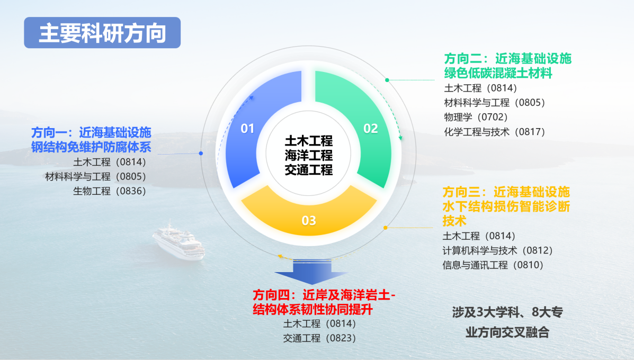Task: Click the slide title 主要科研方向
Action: [102, 33]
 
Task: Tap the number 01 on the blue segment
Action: [247, 129]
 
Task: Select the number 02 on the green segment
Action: [370, 129]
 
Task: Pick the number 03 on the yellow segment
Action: [308, 221]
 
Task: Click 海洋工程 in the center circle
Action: [308, 155]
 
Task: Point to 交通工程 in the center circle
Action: [308, 170]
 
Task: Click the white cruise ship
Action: [178, 241]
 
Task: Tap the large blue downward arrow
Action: [311, 271]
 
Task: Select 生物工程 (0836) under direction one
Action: [109, 191]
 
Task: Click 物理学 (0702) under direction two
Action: [476, 117]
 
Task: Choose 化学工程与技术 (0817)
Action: [495, 132]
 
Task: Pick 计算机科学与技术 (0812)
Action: [497, 250]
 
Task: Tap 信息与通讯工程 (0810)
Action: [493, 265]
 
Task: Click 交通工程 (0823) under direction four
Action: [319, 338]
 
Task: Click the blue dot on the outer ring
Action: [201, 153]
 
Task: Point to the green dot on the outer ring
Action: [387, 80]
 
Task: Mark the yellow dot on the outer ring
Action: [386, 228]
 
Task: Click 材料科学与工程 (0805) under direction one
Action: [95, 177]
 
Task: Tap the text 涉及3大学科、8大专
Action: [507, 312]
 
